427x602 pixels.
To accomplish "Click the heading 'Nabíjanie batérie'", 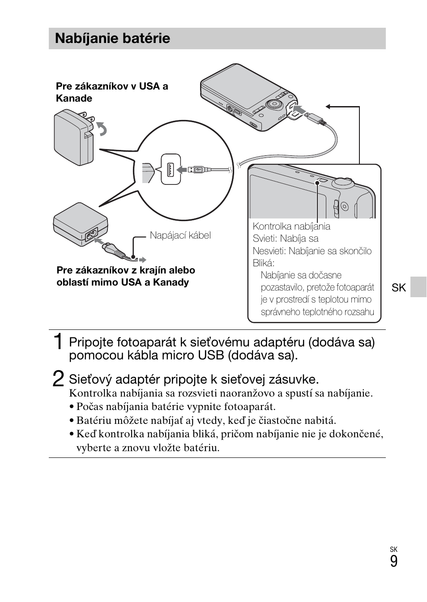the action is tap(112, 38).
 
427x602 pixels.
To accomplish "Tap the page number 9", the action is tap(394, 561).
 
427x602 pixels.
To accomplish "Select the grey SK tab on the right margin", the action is tap(418, 287).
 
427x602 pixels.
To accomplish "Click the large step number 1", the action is tap(58, 342).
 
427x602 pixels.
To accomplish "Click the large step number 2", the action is tap(58, 378).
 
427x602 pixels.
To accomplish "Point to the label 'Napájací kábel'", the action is tap(180, 235).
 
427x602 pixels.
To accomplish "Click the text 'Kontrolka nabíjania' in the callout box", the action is tap(291, 226).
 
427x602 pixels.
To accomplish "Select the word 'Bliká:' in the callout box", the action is tap(263, 263).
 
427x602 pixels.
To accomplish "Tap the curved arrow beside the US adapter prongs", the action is tap(102, 128).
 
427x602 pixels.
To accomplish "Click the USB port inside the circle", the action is tap(171, 170).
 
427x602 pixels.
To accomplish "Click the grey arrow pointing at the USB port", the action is tap(182, 170).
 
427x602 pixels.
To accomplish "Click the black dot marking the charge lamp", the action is tap(317, 183).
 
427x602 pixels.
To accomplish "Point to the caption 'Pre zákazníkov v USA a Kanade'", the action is tap(112, 92).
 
